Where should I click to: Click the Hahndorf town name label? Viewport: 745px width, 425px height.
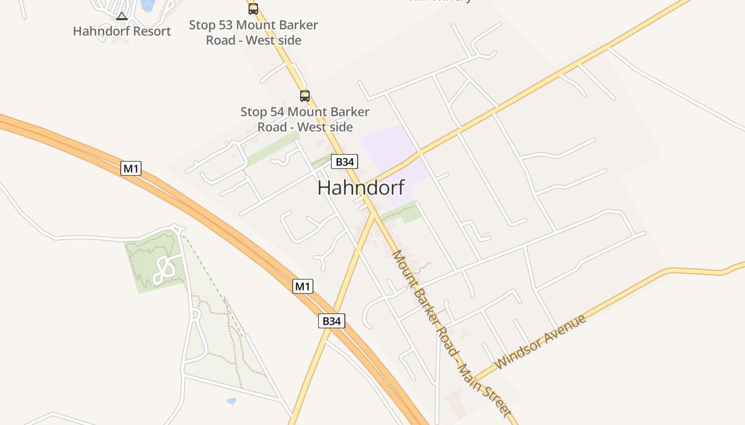point(361,188)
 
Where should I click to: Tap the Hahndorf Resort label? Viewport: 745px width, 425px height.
point(122,31)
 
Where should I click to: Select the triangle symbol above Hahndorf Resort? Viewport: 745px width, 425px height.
point(122,16)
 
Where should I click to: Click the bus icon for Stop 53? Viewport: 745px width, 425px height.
point(253,8)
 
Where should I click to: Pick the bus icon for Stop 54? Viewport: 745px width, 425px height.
point(305,96)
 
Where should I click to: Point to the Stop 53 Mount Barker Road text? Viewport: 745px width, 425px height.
point(253,32)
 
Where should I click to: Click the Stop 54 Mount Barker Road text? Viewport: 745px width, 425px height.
point(305,120)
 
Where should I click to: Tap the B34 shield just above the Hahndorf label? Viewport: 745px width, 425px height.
point(344,161)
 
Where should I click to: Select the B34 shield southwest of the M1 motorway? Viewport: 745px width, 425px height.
point(332,321)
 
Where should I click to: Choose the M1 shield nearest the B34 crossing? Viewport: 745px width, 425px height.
point(302,286)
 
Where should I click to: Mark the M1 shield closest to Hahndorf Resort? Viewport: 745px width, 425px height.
point(130,169)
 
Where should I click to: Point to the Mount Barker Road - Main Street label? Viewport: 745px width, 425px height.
point(451,334)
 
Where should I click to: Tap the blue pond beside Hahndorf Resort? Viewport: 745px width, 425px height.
point(147,5)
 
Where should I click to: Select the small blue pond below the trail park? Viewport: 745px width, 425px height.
point(231,401)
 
